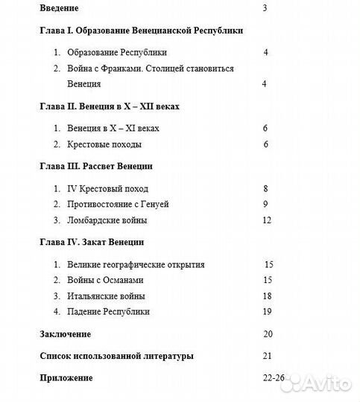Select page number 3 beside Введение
(265, 9)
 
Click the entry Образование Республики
(116, 53)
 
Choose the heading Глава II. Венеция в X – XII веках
(110, 106)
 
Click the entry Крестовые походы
(104, 144)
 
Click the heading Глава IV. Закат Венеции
(91, 242)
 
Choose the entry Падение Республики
(108, 311)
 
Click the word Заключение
(66, 334)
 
